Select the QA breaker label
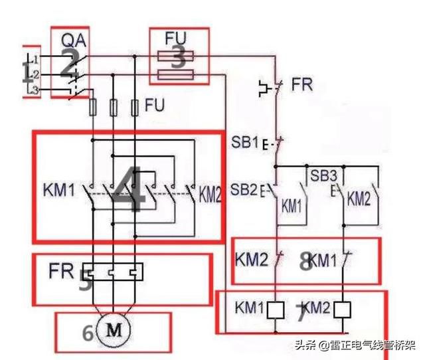pyautogui.click(x=70, y=40)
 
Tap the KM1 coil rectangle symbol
pyautogui.click(x=278, y=309)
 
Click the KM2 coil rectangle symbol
pyautogui.click(x=343, y=309)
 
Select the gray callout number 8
pyautogui.click(x=305, y=262)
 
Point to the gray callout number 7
pyautogui.click(x=300, y=315)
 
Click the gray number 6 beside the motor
pyautogui.click(x=88, y=333)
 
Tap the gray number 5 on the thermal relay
pyautogui.click(x=85, y=282)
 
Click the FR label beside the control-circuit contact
pyautogui.click(x=301, y=86)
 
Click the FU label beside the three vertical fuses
pyautogui.click(x=155, y=105)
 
